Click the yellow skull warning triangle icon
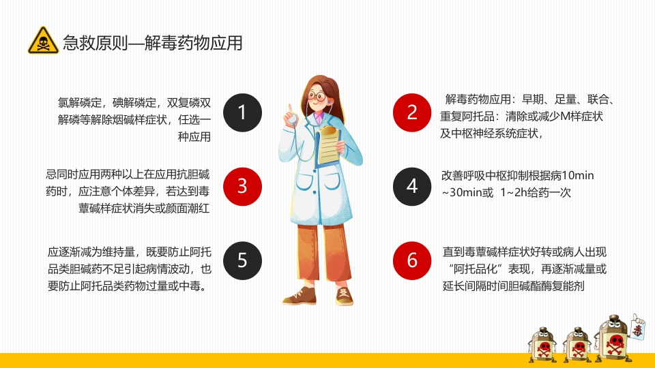pyautogui.click(x=43, y=41)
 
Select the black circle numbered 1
pyautogui.click(x=242, y=111)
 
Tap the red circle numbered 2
pyautogui.click(x=412, y=111)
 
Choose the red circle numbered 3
pyautogui.click(x=242, y=185)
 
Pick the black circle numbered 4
pyautogui.click(x=412, y=185)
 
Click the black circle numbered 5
pyautogui.click(x=242, y=260)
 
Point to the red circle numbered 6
pyautogui.click(x=412, y=260)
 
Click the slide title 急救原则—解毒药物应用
pyautogui.click(x=152, y=43)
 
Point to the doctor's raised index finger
pyautogui.click(x=290, y=108)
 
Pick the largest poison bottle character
pyautogui.click(x=611, y=340)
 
